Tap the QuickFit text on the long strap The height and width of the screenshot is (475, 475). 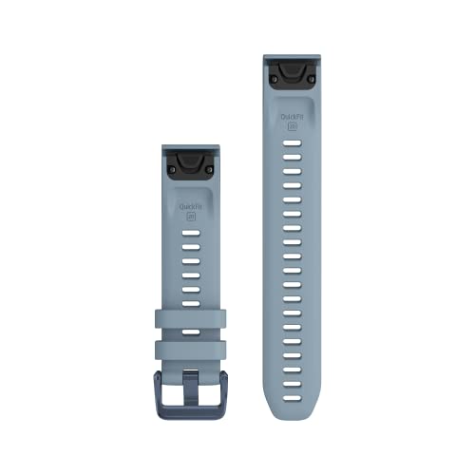293,114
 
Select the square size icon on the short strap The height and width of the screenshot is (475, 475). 191,216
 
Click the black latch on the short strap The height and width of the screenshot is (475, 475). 191,162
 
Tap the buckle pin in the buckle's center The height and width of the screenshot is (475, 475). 191,389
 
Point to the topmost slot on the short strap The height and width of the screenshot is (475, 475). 191,231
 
